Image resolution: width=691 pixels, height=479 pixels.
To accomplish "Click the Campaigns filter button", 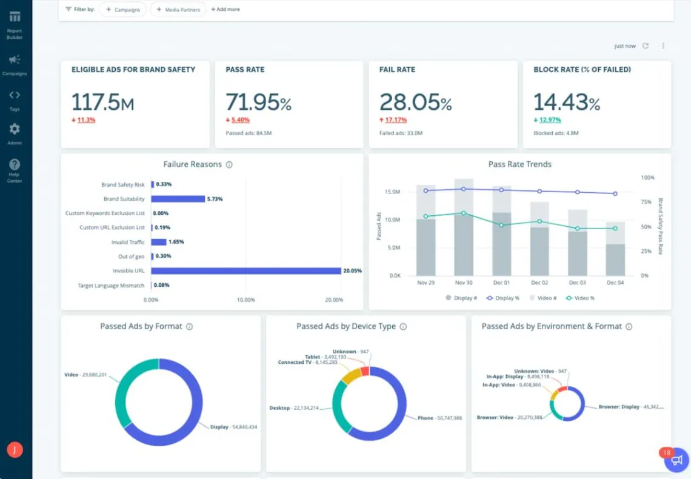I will click(122, 10).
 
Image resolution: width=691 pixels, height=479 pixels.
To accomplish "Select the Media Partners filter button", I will click(178, 10).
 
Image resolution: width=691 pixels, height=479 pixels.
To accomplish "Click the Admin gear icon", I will click(15, 129).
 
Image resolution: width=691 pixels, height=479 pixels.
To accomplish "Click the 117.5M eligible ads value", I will click(102, 101).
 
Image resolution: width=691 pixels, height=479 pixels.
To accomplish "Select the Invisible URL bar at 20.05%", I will click(245, 270).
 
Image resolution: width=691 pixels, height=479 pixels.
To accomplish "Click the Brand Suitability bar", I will click(178, 199).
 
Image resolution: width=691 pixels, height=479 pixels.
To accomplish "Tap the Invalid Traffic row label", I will click(129, 242).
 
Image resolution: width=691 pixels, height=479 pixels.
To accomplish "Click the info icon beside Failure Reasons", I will click(229, 164).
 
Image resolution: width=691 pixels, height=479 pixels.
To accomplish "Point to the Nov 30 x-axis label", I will click(463, 283).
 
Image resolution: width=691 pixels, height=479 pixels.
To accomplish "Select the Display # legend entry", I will click(462, 298).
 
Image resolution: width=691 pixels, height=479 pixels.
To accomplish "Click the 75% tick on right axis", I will click(647, 202).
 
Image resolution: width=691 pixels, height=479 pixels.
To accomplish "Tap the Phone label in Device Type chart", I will click(426, 418).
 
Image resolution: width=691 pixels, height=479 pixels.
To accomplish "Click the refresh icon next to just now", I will click(646, 46).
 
